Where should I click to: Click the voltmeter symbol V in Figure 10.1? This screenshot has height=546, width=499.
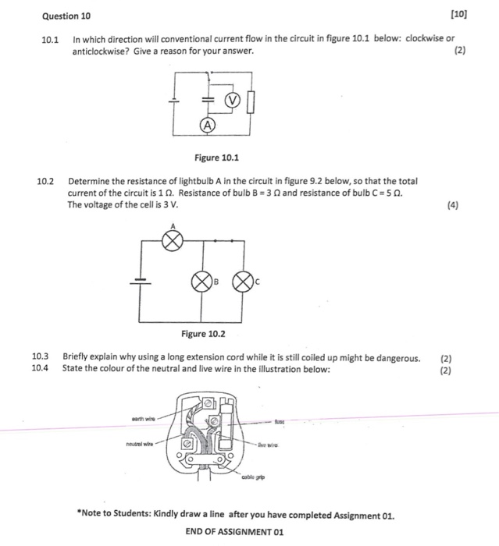232,101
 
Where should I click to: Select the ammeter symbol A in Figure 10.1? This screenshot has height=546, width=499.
206,125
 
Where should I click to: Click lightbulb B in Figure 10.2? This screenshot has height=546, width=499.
203,280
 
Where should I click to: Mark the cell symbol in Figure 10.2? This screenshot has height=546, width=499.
141,282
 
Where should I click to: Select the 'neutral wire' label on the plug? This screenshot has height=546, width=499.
141,444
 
